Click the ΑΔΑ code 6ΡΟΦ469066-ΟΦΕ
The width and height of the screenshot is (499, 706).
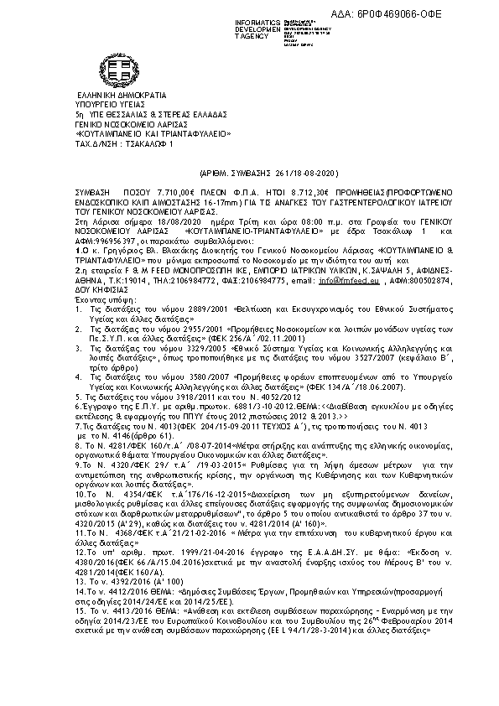(x=438, y=8)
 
